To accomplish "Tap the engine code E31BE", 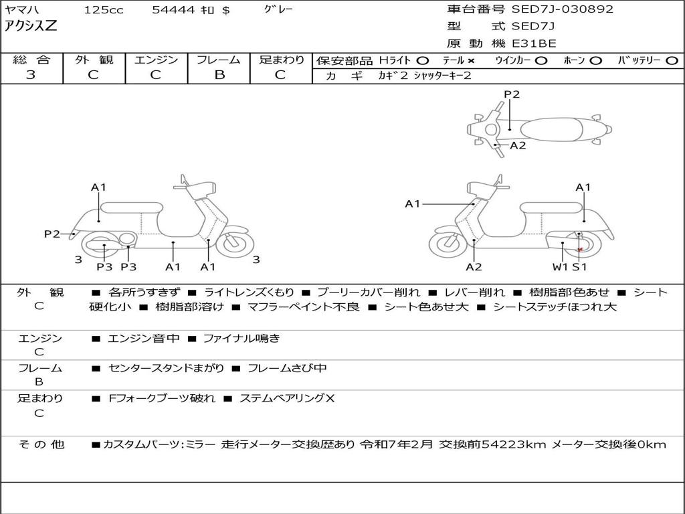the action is (x=534, y=44).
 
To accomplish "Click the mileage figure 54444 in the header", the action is (x=173, y=10).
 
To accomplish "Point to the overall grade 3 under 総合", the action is (x=31, y=75).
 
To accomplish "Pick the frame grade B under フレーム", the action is (x=219, y=75).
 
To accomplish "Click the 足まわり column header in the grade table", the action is (x=282, y=60).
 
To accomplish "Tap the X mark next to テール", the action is (x=471, y=61).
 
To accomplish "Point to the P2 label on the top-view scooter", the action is (x=512, y=94).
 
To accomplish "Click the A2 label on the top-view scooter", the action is (x=518, y=145).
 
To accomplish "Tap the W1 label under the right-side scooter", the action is (x=560, y=267).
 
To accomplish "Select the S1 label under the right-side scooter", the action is (x=579, y=267).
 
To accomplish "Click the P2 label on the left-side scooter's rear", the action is (x=52, y=234).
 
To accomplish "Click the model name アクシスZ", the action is (x=31, y=27).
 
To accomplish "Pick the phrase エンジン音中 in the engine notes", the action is (x=143, y=339).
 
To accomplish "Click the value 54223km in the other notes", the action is (x=509, y=444).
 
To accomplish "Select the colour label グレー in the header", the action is (x=278, y=9).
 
